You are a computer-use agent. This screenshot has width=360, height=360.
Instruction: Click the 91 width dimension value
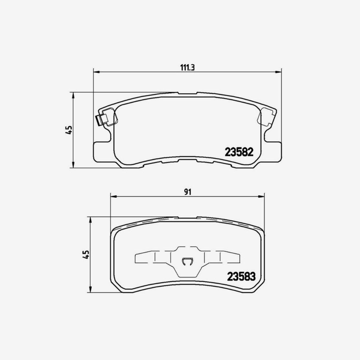[x=188, y=192]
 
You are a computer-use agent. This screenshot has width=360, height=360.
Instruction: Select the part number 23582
[x=239, y=151]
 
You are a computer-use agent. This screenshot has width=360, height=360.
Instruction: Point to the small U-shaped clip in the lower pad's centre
[x=187, y=262]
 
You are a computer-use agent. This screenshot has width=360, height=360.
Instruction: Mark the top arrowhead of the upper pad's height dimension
[x=73, y=95]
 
